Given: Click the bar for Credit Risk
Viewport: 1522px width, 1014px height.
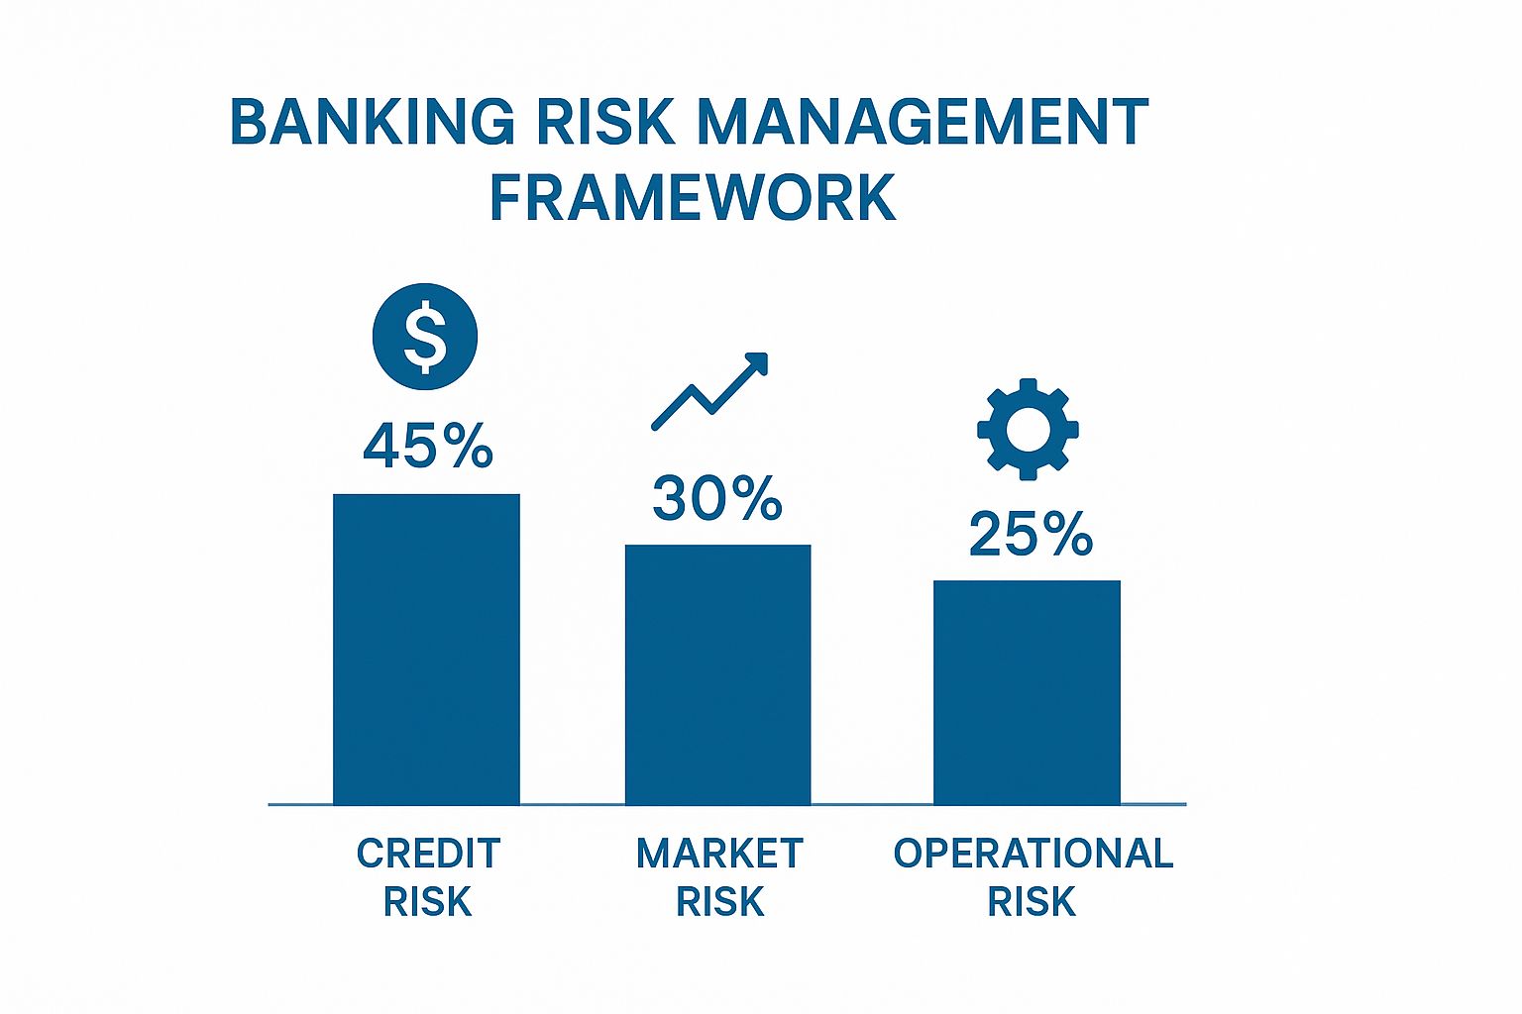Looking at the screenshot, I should (x=426, y=649).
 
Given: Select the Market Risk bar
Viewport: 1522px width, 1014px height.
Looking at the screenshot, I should (x=717, y=674).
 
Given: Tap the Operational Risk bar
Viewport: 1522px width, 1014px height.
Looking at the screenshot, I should (x=1027, y=692).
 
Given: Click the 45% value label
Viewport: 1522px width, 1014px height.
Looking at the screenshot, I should (x=428, y=446).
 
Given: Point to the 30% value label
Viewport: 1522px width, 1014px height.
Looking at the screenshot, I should (x=717, y=498).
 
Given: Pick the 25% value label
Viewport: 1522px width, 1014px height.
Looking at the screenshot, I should (x=1031, y=535).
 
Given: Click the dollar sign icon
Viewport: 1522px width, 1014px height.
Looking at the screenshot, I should (x=425, y=337).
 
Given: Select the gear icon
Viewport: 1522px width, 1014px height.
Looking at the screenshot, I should (x=1028, y=430).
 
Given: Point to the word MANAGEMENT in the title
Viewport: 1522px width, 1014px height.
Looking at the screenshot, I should (x=923, y=123).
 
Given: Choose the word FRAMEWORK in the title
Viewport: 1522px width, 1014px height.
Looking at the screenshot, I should (x=693, y=197).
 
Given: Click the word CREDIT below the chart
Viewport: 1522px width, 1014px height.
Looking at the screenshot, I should (x=428, y=854).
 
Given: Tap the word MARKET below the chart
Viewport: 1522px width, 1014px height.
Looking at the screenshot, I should (x=719, y=854).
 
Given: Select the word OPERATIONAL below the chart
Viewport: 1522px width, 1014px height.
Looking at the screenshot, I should (x=1033, y=854).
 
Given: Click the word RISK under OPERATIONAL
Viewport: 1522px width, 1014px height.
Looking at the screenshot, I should (x=1032, y=902).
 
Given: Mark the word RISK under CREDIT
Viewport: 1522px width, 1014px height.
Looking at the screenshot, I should (x=428, y=902).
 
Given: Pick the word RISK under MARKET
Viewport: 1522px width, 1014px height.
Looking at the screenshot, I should (x=719, y=902).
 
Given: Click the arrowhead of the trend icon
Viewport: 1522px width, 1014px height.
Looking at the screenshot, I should (x=758, y=362).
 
